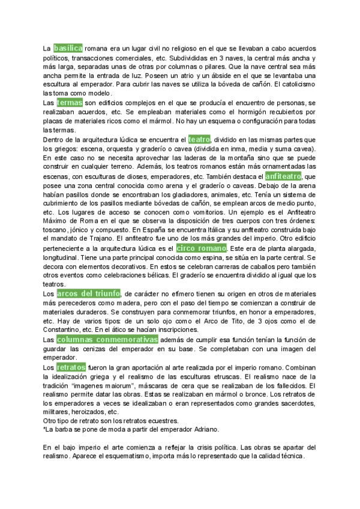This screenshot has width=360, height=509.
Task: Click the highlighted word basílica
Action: (x=68, y=47)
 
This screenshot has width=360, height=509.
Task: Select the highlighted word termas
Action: (x=70, y=103)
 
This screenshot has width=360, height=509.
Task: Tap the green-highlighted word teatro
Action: (x=199, y=139)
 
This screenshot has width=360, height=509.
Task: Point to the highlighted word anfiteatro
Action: (x=284, y=176)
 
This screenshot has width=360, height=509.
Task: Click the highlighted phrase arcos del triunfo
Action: (x=88, y=294)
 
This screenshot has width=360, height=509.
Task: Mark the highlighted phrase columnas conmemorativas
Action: (x=107, y=340)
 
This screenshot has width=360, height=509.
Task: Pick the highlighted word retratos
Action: (x=71, y=367)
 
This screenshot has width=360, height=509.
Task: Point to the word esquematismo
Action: (x=130, y=457)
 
